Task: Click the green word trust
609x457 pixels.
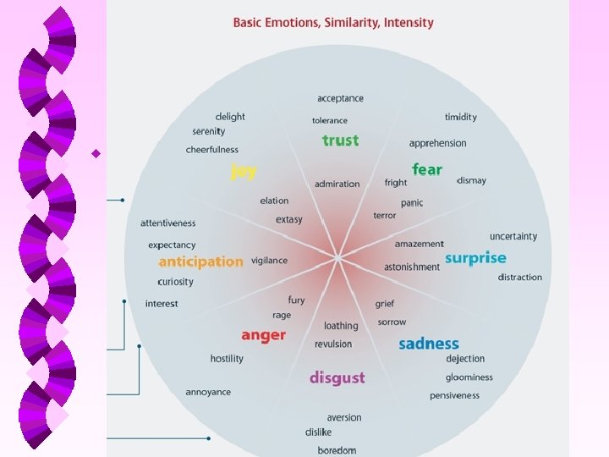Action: tap(340, 140)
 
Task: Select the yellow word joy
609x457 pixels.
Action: tap(244, 171)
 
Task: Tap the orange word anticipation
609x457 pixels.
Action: tap(200, 262)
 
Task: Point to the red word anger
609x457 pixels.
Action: tap(263, 335)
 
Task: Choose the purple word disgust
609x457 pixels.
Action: tap(337, 377)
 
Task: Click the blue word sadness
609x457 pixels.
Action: tap(428, 344)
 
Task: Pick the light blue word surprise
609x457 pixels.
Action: tap(475, 258)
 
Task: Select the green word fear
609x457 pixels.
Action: tap(426, 169)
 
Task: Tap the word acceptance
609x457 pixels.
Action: tap(340, 98)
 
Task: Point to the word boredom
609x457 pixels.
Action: tap(337, 450)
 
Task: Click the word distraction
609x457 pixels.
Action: tap(519, 278)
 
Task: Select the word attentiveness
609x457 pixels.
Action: tap(167, 223)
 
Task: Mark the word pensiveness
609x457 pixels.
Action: tap(454, 395)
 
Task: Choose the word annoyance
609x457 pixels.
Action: tap(208, 392)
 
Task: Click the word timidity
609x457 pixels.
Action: tap(461, 117)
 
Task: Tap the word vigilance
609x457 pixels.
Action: tap(269, 261)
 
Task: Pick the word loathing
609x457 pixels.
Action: tap(341, 326)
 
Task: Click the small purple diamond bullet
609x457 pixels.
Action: tap(96, 153)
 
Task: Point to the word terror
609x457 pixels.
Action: tap(384, 216)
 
